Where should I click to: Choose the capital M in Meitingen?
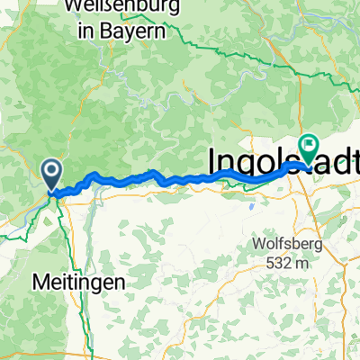(40, 281)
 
